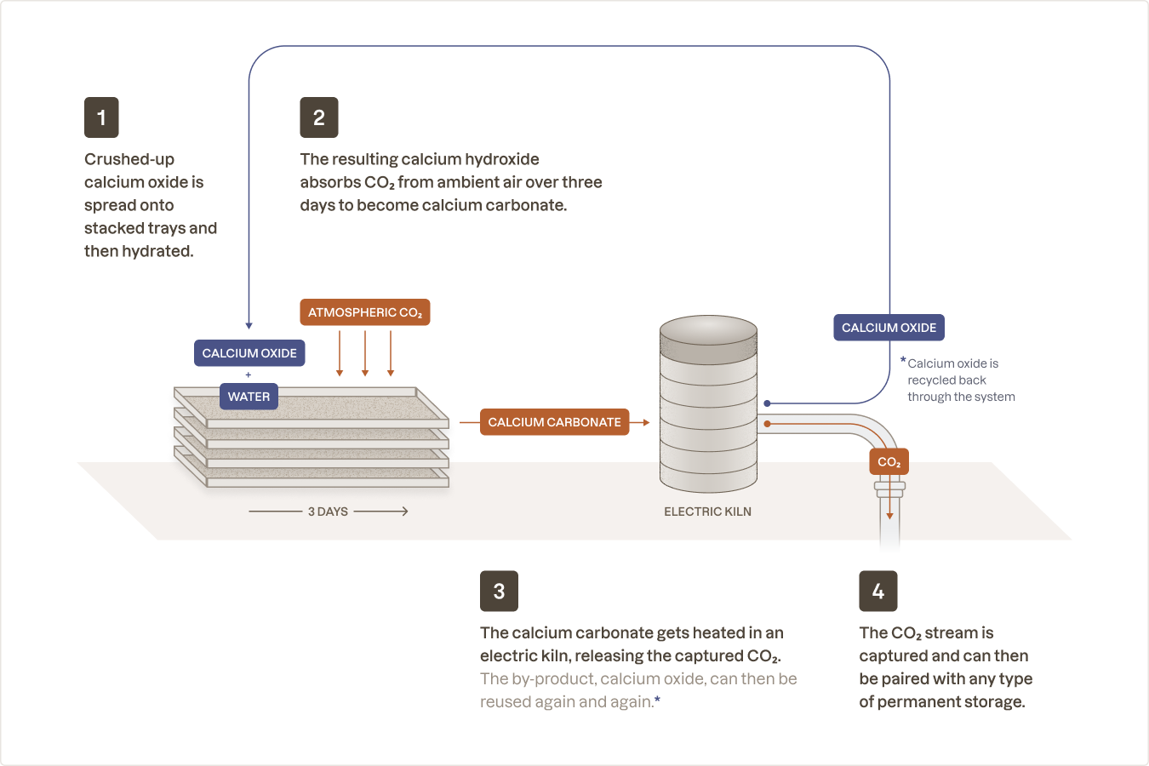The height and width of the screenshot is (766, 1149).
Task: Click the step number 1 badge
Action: [101, 117]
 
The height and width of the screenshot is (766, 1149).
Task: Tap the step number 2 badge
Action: [319, 117]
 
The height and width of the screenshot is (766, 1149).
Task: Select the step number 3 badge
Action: [499, 591]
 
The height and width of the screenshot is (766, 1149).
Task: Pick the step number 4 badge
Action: [878, 591]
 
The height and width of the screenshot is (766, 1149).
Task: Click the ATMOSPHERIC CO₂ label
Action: [365, 312]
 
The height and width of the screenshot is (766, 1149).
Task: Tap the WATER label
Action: [249, 397]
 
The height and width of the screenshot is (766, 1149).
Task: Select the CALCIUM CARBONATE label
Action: [554, 422]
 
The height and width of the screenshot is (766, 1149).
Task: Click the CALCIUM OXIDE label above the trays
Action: [249, 353]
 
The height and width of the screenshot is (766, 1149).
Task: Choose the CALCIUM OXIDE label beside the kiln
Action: [889, 328]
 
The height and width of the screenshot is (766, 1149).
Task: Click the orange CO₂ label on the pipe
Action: [889, 462]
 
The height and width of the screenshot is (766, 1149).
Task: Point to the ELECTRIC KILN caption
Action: [707, 512]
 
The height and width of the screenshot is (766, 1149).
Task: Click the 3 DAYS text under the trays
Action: [328, 512]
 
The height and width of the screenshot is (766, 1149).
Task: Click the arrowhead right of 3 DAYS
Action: [405, 512]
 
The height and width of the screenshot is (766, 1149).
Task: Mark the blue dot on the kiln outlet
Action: [767, 403]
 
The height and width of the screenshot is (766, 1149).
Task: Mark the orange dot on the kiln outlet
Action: [767, 423]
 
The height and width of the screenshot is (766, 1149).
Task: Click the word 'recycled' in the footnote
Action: [934, 380]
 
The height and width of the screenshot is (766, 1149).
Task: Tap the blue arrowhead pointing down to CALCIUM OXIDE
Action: [249, 325]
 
